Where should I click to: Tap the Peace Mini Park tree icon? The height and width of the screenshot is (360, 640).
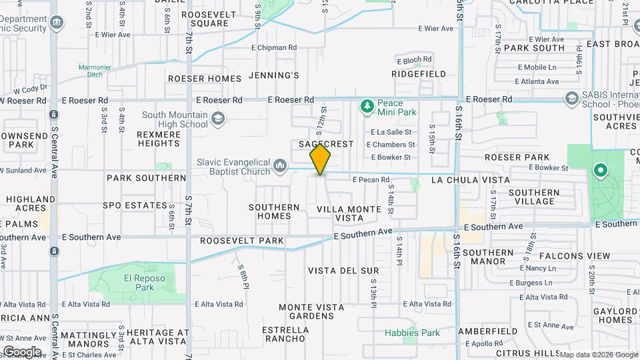coord(366,105)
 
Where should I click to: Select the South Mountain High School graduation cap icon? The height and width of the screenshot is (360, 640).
coord(217,119)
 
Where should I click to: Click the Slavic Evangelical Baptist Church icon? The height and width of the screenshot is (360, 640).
coord(281,164)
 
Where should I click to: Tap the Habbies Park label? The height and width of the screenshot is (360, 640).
coord(412,333)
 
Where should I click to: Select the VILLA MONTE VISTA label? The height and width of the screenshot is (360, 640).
coord(349,213)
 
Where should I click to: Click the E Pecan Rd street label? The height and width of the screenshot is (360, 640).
coord(371,180)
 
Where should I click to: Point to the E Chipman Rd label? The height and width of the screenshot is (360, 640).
coord(274,47)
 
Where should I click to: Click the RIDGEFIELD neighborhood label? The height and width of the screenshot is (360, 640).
coord(418,74)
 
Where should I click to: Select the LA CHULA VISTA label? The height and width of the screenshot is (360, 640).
coord(470,180)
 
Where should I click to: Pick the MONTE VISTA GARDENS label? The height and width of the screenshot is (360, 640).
coord(311,311)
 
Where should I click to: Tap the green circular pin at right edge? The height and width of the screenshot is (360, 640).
coord(600,171)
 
